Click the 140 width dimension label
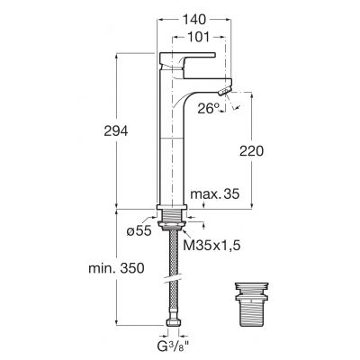point(194,20)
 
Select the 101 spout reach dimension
point(198,38)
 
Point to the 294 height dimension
point(116,131)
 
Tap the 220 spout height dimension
point(251,151)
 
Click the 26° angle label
point(208,108)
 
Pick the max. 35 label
point(215,194)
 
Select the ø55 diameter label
point(139,231)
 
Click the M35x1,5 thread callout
point(211,246)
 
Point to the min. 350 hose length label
point(116,268)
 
